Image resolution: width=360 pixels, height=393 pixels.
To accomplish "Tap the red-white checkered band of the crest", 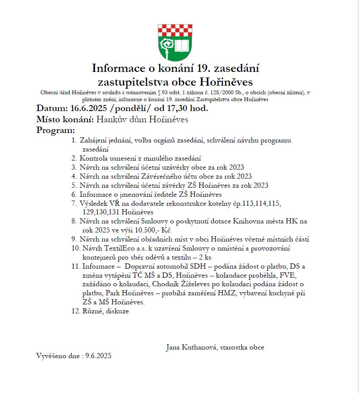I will (x=175, y=31).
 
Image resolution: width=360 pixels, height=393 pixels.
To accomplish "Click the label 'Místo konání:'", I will (x=65, y=119).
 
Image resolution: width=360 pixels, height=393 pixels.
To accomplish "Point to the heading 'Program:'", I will (x=55, y=130).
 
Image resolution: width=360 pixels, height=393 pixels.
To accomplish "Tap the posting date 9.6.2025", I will (x=98, y=356).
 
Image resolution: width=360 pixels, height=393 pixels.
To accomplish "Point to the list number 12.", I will (x=76, y=311).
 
